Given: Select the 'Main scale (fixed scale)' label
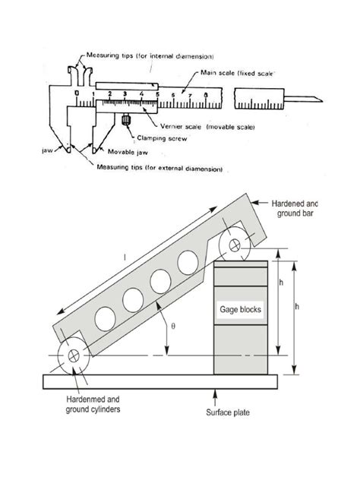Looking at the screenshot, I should [237, 73].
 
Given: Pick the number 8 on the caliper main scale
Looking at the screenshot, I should [206, 95].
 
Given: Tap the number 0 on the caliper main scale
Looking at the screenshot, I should [77, 94].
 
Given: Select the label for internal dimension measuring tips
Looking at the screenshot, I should [149, 55].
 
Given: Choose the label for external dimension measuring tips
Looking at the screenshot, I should [159, 169].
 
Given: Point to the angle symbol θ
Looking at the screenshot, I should [172, 326].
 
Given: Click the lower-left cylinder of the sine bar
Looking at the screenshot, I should [74, 356].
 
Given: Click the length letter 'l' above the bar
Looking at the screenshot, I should [125, 257].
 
